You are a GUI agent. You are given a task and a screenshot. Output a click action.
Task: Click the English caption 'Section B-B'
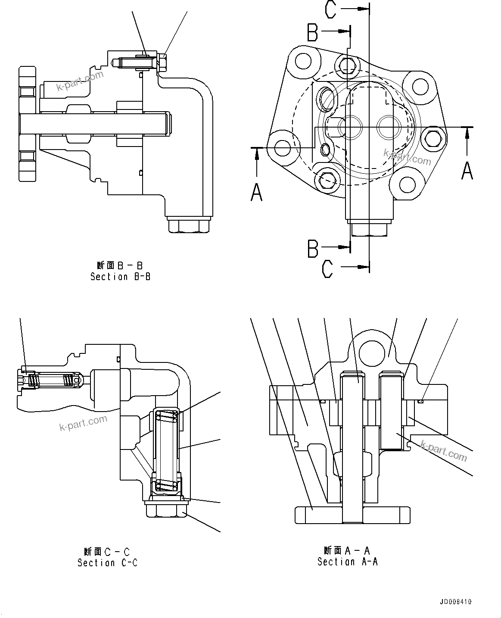[x=120, y=277]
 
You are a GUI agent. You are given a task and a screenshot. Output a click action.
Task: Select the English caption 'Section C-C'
[x=107, y=562]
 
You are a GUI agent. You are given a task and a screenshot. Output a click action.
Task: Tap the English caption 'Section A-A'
[x=347, y=562]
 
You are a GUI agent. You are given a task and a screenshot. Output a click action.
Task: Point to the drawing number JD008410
[x=456, y=602]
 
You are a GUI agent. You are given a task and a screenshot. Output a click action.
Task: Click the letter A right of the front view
[x=467, y=170]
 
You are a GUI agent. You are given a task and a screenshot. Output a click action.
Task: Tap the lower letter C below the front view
[x=327, y=269]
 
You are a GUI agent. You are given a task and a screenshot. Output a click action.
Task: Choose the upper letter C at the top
[x=330, y=9]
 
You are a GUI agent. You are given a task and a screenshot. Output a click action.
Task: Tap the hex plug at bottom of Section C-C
[x=166, y=510]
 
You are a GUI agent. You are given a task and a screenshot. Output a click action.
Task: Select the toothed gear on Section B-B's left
[x=27, y=124]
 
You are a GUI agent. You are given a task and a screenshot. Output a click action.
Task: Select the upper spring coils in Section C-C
[x=166, y=416]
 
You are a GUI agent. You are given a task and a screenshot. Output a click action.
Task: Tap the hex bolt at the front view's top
[x=348, y=64]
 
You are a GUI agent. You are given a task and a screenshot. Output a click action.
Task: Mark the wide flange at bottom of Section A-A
[x=352, y=515]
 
